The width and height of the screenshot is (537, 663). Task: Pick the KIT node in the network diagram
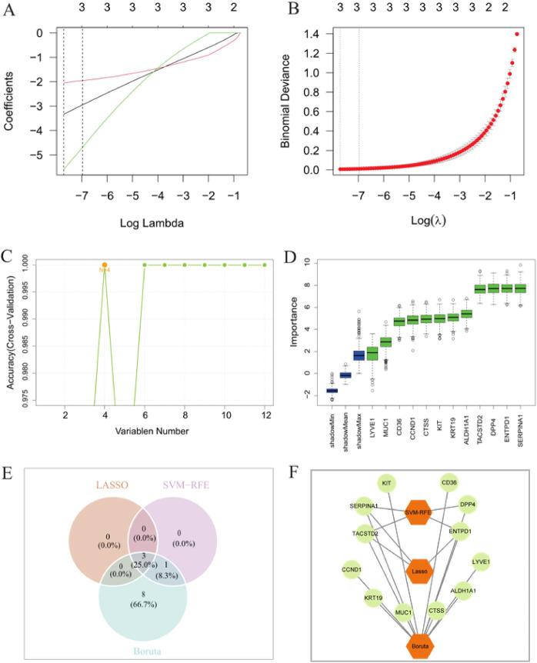click(x=388, y=483)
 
